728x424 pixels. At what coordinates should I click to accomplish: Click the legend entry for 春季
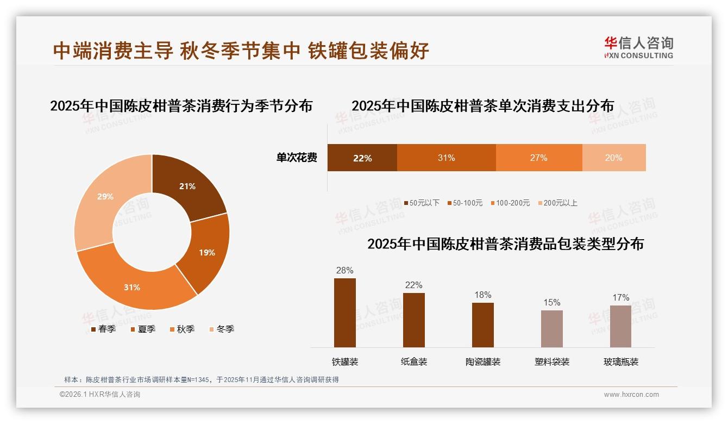pyautogui.click(x=103, y=329)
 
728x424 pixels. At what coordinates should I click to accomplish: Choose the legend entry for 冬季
pyautogui.click(x=221, y=329)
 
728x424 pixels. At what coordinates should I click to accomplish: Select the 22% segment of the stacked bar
pyautogui.click(x=362, y=158)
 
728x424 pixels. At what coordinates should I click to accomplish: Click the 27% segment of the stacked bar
pyautogui.click(x=538, y=158)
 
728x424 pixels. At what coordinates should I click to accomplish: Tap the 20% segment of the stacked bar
pyautogui.click(x=613, y=158)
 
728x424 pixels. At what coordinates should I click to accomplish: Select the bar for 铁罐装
pyautogui.click(x=345, y=313)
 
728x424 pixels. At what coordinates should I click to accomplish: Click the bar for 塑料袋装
pyautogui.click(x=552, y=328)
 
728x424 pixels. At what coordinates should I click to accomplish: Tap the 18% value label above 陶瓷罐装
pyautogui.click(x=482, y=295)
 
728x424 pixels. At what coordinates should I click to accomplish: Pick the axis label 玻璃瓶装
pyautogui.click(x=621, y=361)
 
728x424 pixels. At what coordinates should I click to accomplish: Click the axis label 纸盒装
pyautogui.click(x=414, y=361)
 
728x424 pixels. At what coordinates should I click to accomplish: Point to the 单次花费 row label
pyautogui.click(x=297, y=158)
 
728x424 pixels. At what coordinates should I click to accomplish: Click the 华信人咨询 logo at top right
pyautogui.click(x=638, y=47)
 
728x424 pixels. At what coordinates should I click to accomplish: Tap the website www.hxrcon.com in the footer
pyautogui.click(x=631, y=395)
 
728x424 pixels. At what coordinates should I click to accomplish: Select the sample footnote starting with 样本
pyautogui.click(x=202, y=379)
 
